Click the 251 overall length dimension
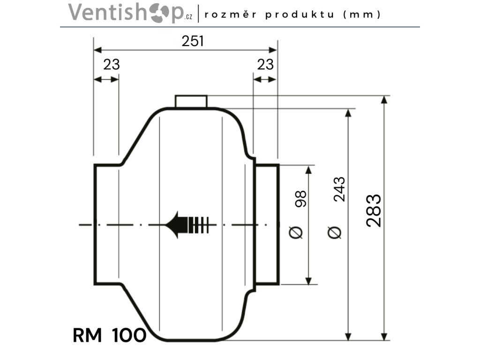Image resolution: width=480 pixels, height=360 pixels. click(193, 41)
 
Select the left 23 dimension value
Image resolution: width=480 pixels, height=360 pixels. click(112, 65)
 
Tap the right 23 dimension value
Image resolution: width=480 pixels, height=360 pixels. click(265, 65)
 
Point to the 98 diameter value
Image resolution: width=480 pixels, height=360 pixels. click(300, 199)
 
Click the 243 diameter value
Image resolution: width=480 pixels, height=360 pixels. click(339, 189)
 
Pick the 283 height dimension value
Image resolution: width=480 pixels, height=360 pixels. click(374, 210)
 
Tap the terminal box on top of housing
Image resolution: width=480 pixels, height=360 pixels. click(191, 101)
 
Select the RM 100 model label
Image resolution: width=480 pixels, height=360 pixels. click(109, 335)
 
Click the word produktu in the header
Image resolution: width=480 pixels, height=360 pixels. click(300, 15)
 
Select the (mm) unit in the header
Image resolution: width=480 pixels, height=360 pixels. click(362, 15)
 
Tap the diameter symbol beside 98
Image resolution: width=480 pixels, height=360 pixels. click(296, 232)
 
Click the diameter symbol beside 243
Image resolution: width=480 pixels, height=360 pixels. click(334, 232)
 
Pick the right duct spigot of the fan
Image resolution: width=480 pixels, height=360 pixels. click(267, 225)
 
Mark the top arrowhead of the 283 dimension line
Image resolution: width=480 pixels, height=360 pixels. click(384, 100)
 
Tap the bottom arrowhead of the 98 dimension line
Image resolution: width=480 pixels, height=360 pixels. click(308, 281)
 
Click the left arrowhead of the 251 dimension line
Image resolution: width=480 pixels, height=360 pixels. click(97, 50)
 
